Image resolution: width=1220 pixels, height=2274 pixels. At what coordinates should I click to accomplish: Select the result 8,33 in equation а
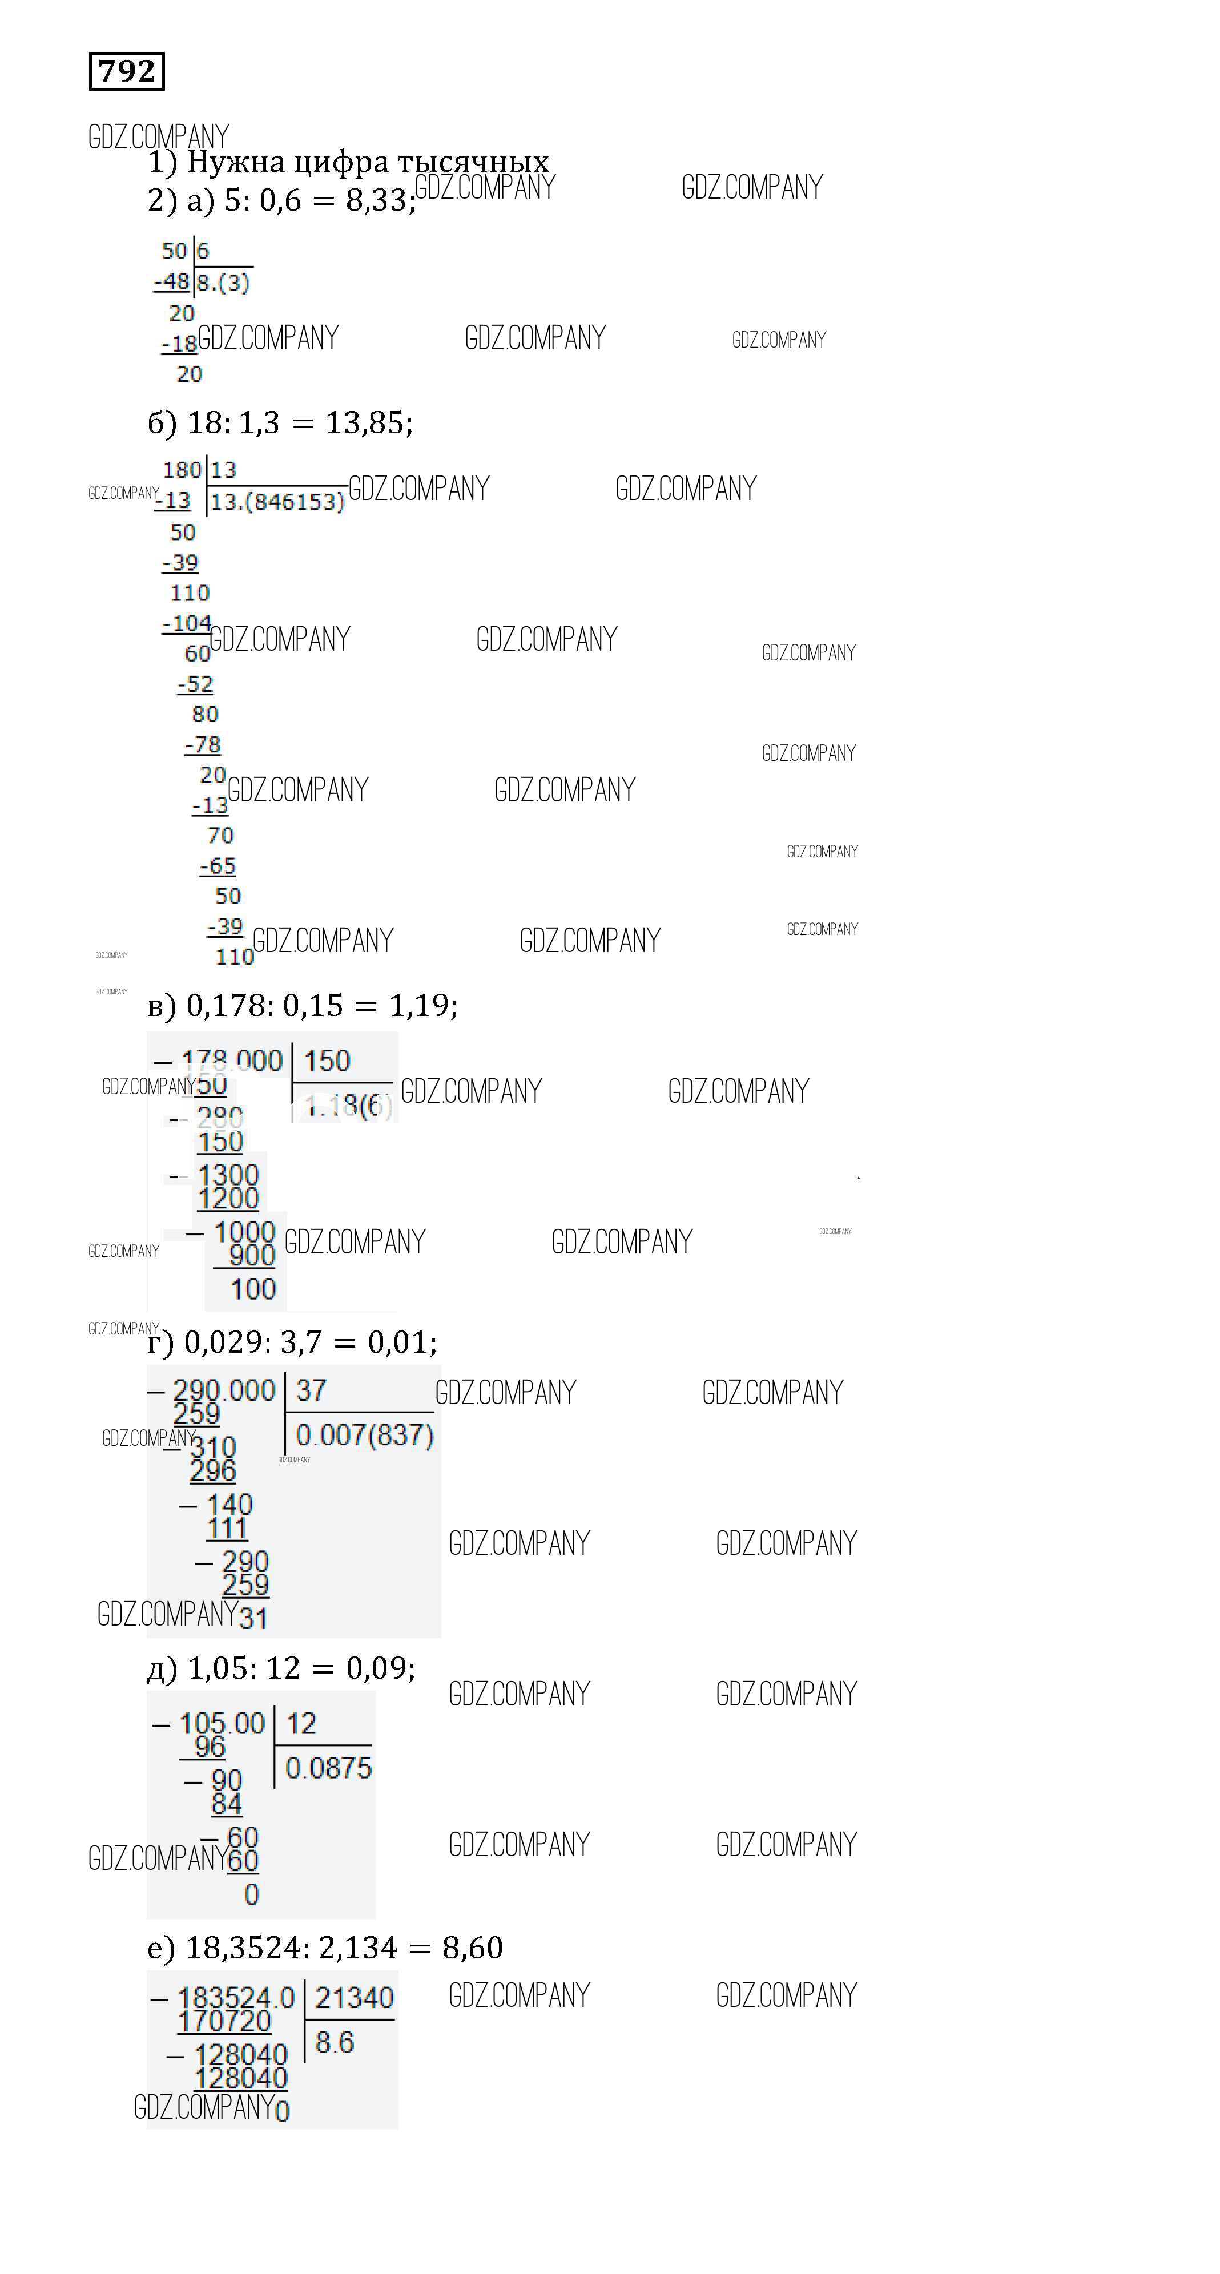[378, 201]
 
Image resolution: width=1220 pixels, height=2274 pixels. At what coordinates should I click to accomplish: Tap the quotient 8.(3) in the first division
[223, 283]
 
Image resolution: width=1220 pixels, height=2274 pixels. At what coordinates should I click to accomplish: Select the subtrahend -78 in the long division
[203, 745]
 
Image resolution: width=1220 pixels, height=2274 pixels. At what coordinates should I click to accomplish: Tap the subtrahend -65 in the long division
[218, 866]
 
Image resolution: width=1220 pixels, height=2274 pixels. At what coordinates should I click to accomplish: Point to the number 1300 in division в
[228, 1175]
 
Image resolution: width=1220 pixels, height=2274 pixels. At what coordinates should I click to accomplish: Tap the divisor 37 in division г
[311, 1390]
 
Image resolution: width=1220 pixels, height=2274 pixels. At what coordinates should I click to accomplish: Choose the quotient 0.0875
[328, 1767]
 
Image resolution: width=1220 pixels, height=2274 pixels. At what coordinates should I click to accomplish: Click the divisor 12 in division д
[301, 1723]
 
